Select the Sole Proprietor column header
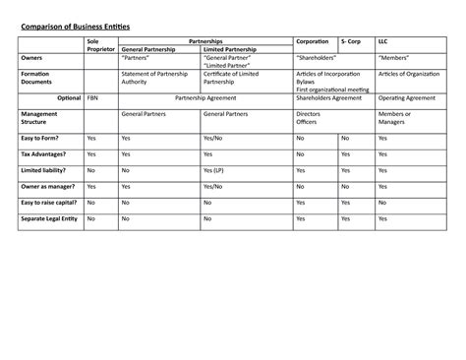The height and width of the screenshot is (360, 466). (x=99, y=45)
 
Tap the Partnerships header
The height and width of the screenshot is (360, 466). (x=204, y=41)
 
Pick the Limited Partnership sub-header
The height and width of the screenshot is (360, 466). (x=235, y=49)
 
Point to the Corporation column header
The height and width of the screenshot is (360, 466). (x=314, y=41)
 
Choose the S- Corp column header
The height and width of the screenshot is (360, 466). (x=351, y=41)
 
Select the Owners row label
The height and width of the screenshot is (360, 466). (x=32, y=58)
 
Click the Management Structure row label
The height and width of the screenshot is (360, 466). (x=38, y=118)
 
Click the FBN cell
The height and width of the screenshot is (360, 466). (x=92, y=98)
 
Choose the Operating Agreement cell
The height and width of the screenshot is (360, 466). (x=406, y=98)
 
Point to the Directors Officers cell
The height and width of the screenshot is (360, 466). (x=309, y=118)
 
